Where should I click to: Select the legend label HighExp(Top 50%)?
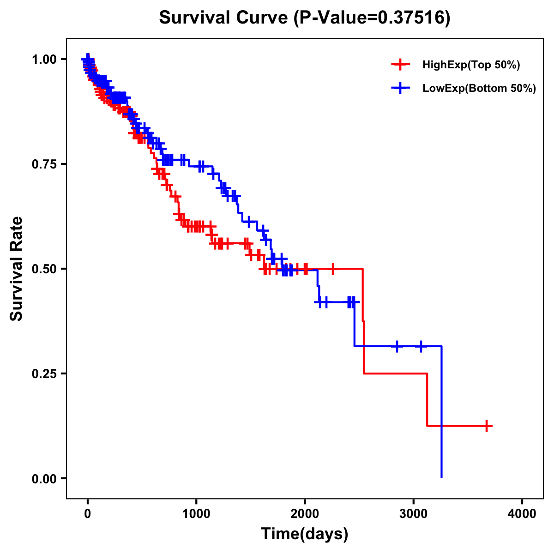pyautogui.click(x=471, y=65)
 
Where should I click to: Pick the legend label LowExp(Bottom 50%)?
pyautogui.click(x=479, y=89)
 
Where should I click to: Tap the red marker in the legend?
pyautogui.click(x=400, y=65)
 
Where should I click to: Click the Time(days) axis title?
pyautogui.click(x=305, y=534)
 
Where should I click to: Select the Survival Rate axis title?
pyautogui.click(x=17, y=269)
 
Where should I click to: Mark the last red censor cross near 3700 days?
pyautogui.click(x=487, y=426)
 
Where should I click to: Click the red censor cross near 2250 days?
pyautogui.click(x=332, y=268)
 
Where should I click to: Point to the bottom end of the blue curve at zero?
pyautogui.click(x=442, y=477)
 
